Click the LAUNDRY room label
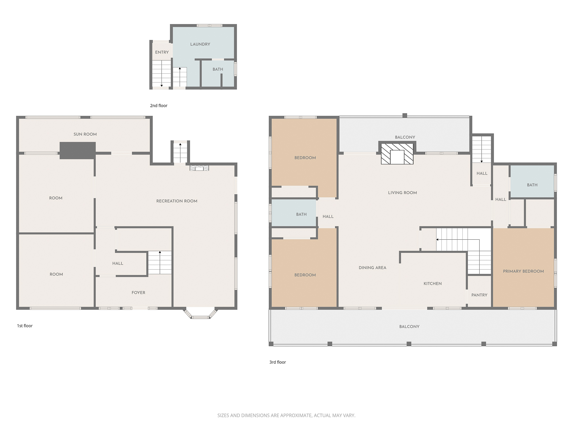[200, 44]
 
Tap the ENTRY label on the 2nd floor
[162, 52]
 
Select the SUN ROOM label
[85, 134]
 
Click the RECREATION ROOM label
[177, 201]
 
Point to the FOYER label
[138, 293]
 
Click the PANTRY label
[479, 295]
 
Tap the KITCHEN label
[433, 284]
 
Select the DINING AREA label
[372, 268]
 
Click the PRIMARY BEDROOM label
[523, 271]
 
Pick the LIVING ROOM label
[402, 193]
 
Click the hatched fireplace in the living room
[397, 154]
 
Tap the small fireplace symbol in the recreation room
[199, 168]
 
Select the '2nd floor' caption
[159, 106]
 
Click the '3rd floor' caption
[278, 362]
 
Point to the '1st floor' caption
[25, 326]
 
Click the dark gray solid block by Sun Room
[78, 150]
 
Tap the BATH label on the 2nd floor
[218, 69]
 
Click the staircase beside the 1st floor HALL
[160, 263]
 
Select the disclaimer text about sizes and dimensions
[286, 415]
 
